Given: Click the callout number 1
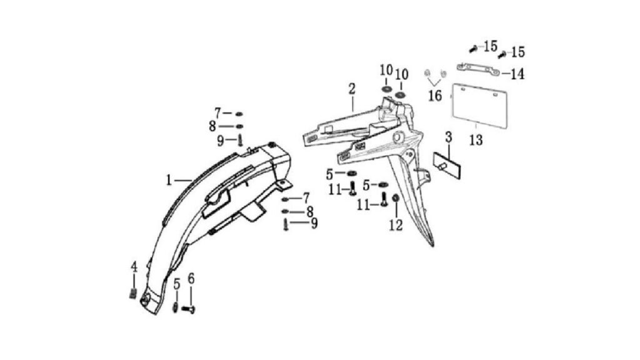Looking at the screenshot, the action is pos(169,179).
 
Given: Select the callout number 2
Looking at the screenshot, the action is pos(352,89).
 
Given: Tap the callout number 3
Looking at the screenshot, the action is pos(449,137).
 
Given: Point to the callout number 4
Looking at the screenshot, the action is pos(134,267).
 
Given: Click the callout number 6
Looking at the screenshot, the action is pos(191,278).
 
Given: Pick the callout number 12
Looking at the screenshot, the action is pos(396,225).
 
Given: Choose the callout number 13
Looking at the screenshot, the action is pos(476,140).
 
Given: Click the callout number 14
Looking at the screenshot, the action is pos(517,74).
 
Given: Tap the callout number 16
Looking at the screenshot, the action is pos(435,96).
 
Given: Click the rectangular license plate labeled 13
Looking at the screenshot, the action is pos(479,106).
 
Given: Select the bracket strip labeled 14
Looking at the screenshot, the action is pos(477,69).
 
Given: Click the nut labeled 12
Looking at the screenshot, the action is pos(395,199).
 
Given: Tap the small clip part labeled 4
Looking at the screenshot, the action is pos(133,293).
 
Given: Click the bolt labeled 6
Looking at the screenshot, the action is pos(189,310).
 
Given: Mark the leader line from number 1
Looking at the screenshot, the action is pos(182,180).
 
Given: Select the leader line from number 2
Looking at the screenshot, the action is pos(352,103).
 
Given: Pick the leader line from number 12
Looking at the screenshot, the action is pos(396,211).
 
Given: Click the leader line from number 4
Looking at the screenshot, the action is pos(134,281).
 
